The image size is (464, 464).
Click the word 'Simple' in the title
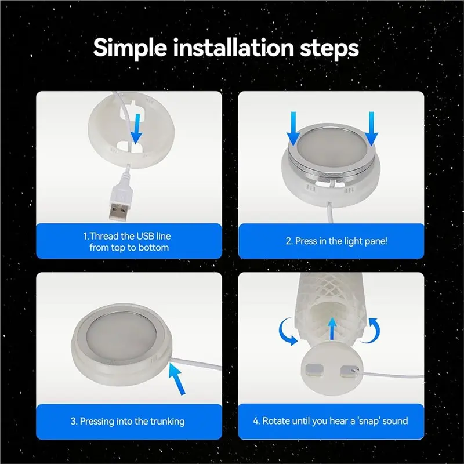130,48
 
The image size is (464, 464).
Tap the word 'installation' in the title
233,48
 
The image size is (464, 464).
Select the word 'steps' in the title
329,49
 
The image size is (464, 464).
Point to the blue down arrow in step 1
136,129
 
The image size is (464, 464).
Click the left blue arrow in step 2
293,129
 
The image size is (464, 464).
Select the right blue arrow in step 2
371,129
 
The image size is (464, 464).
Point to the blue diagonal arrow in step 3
177,379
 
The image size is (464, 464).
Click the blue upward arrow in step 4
332,329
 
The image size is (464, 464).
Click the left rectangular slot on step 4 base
314,371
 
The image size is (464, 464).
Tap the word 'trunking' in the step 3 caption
167,422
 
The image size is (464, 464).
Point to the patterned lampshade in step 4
332,308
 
